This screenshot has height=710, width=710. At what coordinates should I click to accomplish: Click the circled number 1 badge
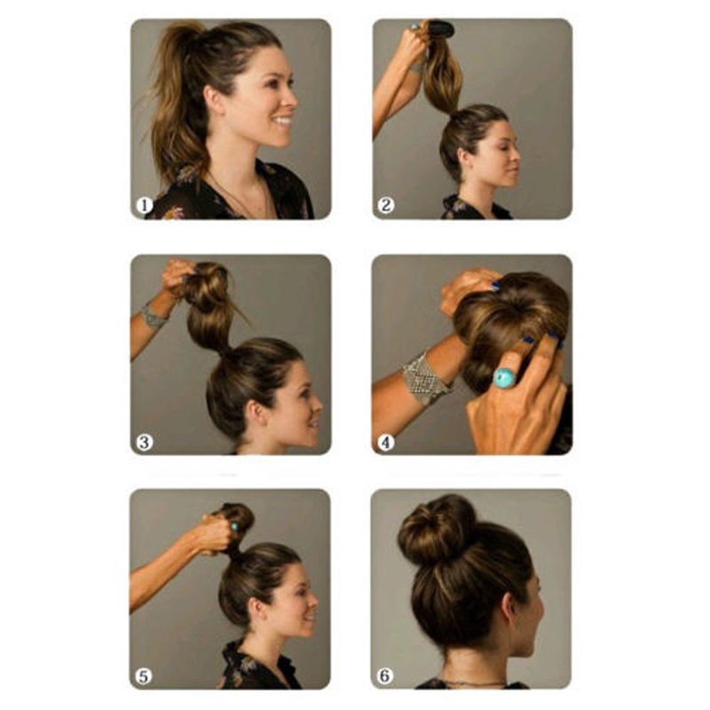[x=145, y=206]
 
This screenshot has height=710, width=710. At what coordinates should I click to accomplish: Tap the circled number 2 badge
[x=386, y=206]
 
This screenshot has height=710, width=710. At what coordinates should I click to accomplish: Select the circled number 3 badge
[x=145, y=442]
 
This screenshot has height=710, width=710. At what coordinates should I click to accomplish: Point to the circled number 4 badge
[x=386, y=442]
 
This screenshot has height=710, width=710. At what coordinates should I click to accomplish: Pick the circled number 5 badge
[x=144, y=676]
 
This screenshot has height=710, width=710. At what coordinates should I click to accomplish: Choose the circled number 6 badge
[x=384, y=676]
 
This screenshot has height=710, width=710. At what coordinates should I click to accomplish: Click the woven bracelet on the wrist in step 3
[x=153, y=315]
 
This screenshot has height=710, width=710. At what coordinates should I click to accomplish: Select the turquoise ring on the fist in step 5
[x=234, y=526]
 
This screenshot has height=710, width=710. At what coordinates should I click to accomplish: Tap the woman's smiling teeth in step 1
[x=283, y=121]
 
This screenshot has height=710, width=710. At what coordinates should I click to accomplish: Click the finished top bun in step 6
[x=437, y=529]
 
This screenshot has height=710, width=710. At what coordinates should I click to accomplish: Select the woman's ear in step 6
[x=509, y=611]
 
